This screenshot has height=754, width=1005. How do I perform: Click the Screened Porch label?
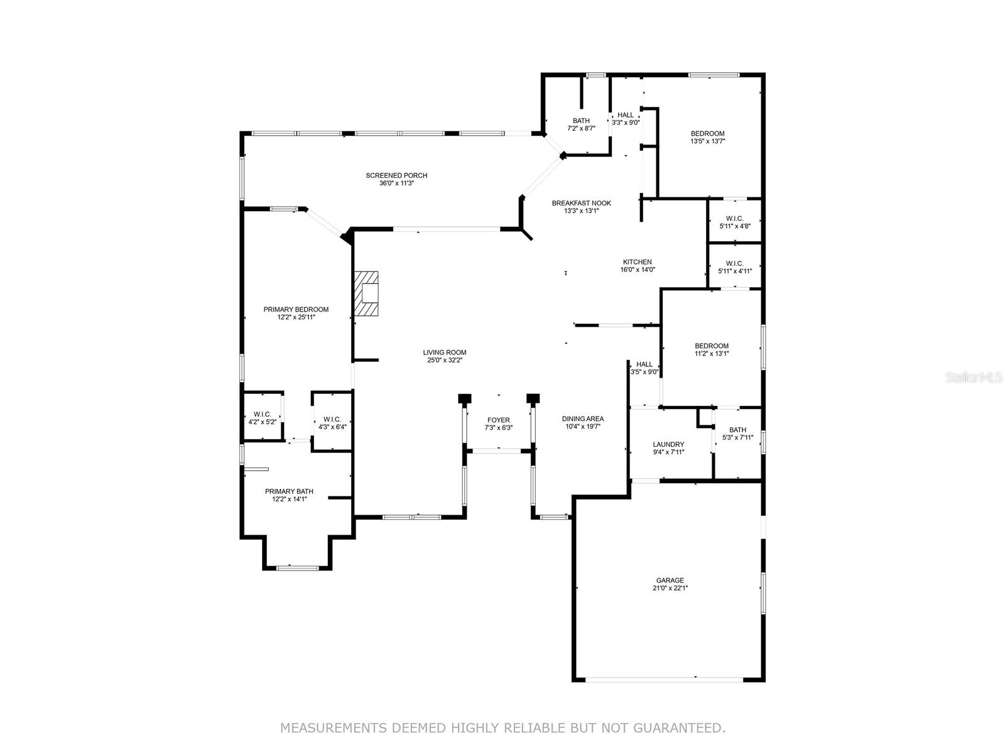coord(396,175)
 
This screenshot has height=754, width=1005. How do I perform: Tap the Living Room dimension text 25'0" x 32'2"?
coord(444,360)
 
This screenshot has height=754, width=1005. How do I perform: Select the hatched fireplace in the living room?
coord(366,293)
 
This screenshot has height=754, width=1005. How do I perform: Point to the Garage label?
coord(670,581)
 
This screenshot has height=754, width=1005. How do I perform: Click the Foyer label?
coord(498,420)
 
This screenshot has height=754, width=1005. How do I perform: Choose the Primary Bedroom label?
coord(296,310)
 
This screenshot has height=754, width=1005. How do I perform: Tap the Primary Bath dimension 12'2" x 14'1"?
coord(290,499)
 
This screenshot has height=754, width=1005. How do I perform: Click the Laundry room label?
coord(668,444)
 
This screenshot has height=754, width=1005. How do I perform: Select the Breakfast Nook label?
coord(581,203)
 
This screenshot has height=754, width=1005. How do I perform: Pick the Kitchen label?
coord(638,262)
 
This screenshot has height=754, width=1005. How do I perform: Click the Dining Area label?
coord(583,419)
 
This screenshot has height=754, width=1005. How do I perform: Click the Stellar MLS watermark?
coord(974,377)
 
